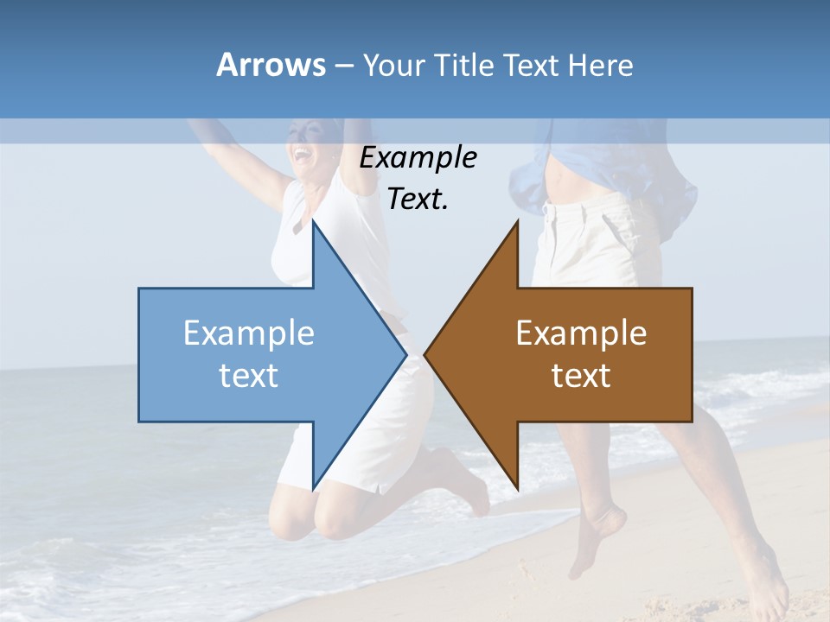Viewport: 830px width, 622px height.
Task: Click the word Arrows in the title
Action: (x=271, y=65)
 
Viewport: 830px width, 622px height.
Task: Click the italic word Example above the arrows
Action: (x=418, y=158)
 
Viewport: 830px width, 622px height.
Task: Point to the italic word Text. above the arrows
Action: (x=418, y=200)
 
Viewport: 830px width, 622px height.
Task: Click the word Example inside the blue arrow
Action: (x=249, y=333)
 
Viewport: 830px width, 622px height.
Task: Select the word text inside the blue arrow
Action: (x=249, y=375)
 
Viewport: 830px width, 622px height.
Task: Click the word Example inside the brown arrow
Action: (x=581, y=333)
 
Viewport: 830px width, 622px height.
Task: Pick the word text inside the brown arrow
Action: (x=581, y=375)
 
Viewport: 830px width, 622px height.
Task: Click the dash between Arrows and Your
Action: (x=343, y=66)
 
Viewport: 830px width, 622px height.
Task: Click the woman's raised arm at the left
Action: (x=233, y=155)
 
